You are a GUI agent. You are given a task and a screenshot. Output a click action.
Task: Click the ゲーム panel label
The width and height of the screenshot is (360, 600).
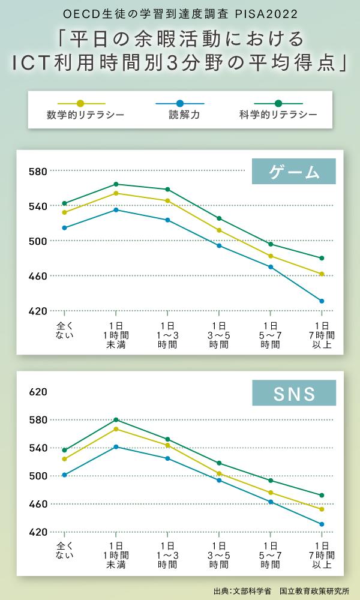(293, 172)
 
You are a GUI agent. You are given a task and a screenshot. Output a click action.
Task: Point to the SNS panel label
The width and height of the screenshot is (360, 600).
(293, 394)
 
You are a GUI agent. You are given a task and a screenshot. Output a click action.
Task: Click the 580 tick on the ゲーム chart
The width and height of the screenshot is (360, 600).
(38, 172)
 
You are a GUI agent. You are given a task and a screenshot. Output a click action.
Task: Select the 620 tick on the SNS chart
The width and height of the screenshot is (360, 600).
(38, 392)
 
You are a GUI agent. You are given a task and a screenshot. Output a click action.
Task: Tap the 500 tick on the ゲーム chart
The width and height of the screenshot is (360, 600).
(38, 241)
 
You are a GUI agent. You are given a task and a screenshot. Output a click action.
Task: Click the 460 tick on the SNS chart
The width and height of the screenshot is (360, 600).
(38, 504)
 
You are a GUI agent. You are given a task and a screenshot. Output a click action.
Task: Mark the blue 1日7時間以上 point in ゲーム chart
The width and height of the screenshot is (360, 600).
(322, 301)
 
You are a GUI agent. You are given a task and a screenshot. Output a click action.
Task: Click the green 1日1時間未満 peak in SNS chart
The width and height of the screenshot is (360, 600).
(116, 420)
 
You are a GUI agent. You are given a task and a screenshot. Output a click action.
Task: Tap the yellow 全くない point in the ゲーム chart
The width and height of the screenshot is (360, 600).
(64, 212)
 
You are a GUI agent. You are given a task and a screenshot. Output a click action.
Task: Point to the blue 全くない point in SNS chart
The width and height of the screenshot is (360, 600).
(64, 475)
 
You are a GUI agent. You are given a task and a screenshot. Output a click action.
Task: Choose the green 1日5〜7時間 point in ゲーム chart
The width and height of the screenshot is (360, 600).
(271, 244)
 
